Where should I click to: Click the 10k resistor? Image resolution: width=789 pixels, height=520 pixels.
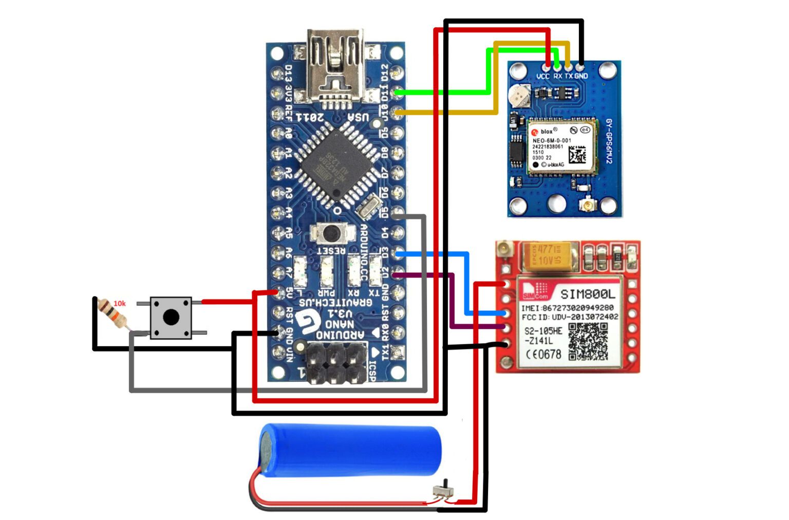[x=112, y=313]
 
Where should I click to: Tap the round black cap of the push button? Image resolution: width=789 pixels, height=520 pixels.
[x=171, y=317]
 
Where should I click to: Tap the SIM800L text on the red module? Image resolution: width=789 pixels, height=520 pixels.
[x=587, y=294]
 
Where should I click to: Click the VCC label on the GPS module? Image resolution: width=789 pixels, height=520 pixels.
[x=543, y=76]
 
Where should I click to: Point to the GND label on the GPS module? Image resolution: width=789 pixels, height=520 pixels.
[x=581, y=76]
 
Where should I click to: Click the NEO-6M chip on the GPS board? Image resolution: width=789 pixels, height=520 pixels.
[x=562, y=147]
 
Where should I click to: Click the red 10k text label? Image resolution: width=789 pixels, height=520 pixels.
[x=119, y=304]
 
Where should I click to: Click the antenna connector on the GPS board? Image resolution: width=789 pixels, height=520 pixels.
[x=586, y=206]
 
